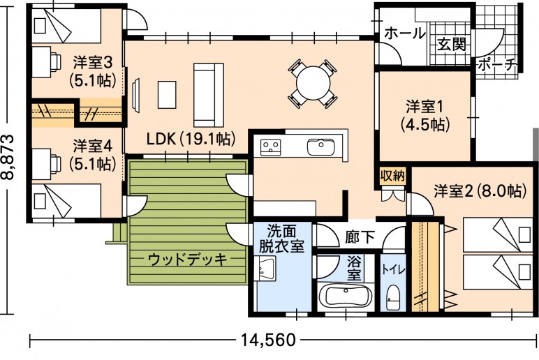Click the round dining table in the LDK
[x=313, y=84]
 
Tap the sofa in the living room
[x=208, y=95]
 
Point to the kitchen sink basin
[x=321, y=147]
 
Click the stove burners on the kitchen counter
[x=270, y=147]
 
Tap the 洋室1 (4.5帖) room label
[x=425, y=116]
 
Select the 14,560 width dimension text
[x=268, y=340]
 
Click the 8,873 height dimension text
[x=8, y=157]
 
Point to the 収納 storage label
[x=392, y=176]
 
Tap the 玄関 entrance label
[x=451, y=45]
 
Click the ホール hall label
[x=404, y=33]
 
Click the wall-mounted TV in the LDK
[x=136, y=95]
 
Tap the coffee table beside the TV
[x=167, y=94]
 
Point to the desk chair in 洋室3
[x=55, y=62]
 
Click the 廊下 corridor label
[x=360, y=237]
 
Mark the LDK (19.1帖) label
[x=191, y=138]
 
